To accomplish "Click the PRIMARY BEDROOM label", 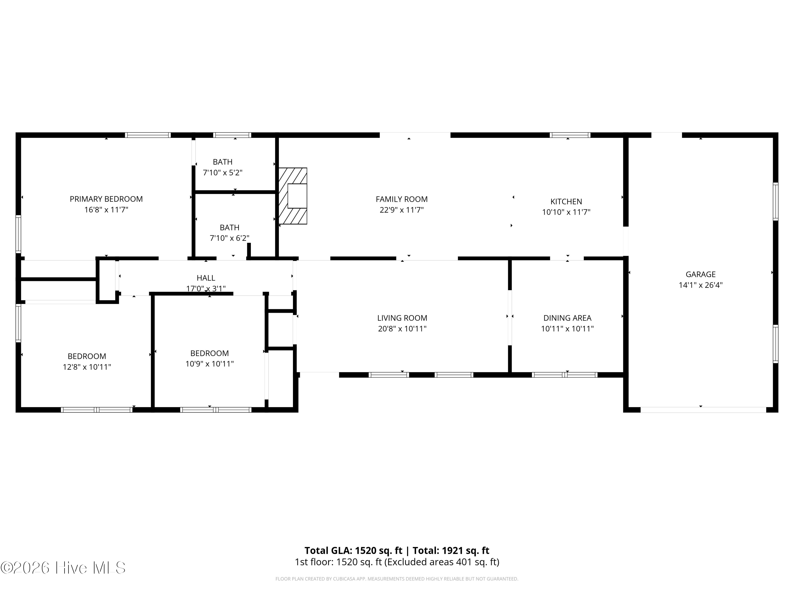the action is pyautogui.click(x=106, y=199).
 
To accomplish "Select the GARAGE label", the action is pyautogui.click(x=701, y=274).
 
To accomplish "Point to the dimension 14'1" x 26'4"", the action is pyautogui.click(x=701, y=285).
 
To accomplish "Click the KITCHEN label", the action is pyautogui.click(x=566, y=202).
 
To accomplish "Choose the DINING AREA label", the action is pyautogui.click(x=567, y=318).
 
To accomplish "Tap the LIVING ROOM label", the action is pyautogui.click(x=402, y=318).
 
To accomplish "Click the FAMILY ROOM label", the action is pyautogui.click(x=402, y=199).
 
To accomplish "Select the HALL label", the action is pyautogui.click(x=206, y=278).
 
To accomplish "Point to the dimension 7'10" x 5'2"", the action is pyautogui.click(x=223, y=172).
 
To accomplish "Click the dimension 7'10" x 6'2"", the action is pyautogui.click(x=230, y=238).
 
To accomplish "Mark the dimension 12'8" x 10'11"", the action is pyautogui.click(x=87, y=367).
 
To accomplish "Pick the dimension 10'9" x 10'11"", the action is pyautogui.click(x=210, y=364).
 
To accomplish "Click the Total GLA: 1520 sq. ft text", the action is pyautogui.click(x=354, y=551).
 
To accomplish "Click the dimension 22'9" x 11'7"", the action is pyautogui.click(x=402, y=210).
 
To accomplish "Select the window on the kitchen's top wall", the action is pyautogui.click(x=570, y=135).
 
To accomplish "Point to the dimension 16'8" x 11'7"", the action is pyautogui.click(x=106, y=210).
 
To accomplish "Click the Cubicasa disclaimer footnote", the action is pyautogui.click(x=397, y=579).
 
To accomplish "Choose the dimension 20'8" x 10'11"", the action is pyautogui.click(x=402, y=328).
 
